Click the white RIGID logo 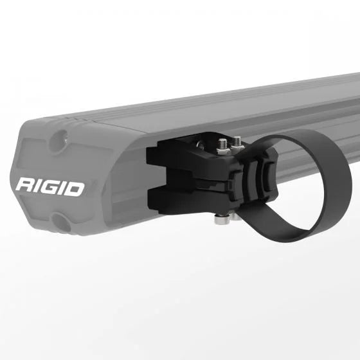point(50,187)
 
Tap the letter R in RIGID point(25,187)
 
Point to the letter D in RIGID point(75,187)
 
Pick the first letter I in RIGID point(39,187)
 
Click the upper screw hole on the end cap point(62,136)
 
